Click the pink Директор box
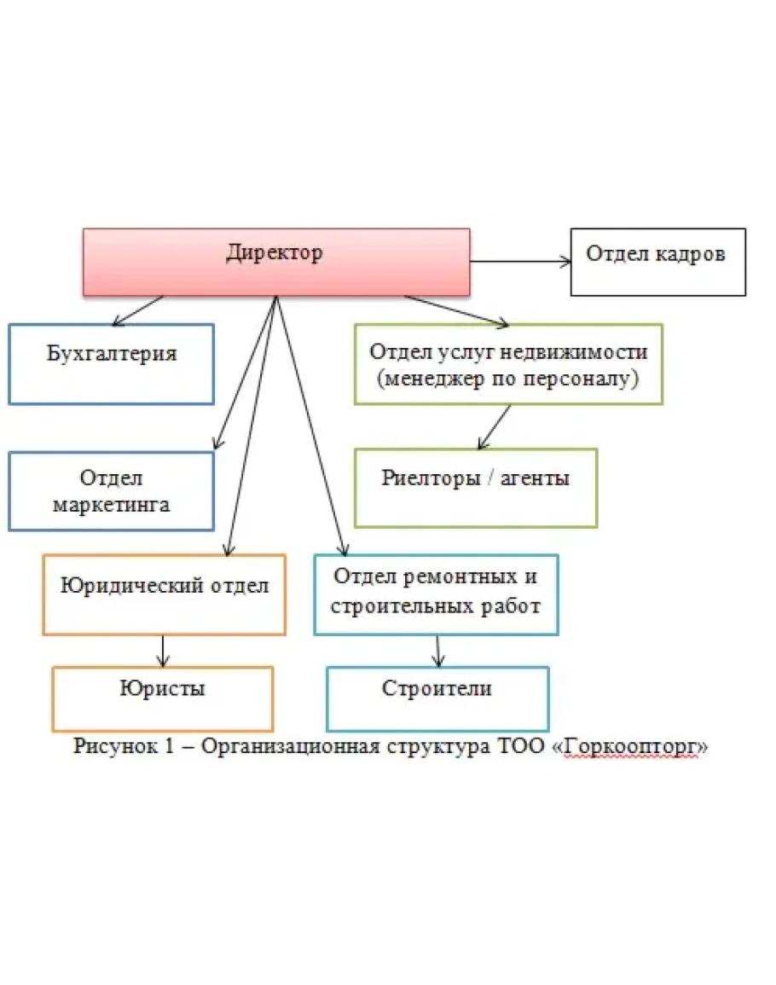tap(275, 262)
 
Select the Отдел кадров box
tap(657, 262)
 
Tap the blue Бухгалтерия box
tap(111, 363)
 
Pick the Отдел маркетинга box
tap(111, 491)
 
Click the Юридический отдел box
tap(164, 594)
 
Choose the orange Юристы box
tap(162, 698)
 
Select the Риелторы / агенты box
tap(475, 487)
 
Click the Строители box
tap(437, 698)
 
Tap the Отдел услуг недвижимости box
tap(508, 363)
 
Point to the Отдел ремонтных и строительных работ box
tap(436, 594)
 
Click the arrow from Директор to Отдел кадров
tap(520, 262)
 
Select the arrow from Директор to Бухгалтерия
tap(138, 310)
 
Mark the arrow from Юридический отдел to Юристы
tap(163, 651)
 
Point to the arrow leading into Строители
tap(438, 651)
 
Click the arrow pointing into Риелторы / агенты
tap(495, 426)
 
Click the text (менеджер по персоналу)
tap(508, 379)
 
